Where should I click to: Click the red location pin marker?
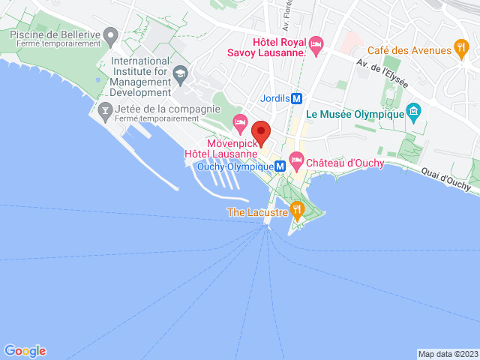[261, 130]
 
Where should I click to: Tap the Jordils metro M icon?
[298, 98]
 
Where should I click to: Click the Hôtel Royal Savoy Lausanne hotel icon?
[316, 45]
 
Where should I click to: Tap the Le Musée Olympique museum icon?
[412, 113]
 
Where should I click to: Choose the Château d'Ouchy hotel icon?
[296, 159]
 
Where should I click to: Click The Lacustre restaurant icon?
[297, 208]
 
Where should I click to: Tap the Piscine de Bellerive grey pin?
[111, 34]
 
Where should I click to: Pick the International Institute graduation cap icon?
[180, 72]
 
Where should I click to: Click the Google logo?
[25, 350]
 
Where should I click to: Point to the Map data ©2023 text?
[447, 354]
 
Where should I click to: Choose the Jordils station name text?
[274, 98]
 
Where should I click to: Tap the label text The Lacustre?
[257, 212]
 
